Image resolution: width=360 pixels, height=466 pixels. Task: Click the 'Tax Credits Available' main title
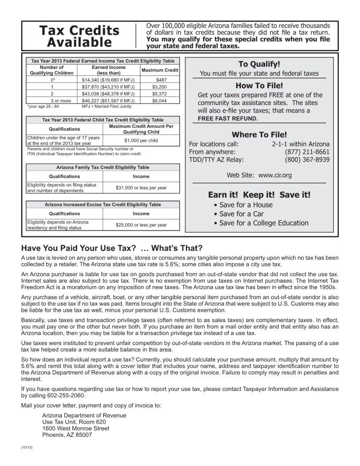click(x=79, y=36)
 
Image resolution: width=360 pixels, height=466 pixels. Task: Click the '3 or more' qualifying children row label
click(x=52, y=101)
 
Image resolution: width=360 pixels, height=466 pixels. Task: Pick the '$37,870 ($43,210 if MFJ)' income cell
click(x=108, y=87)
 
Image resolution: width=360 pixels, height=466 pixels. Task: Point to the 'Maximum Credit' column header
click(x=160, y=70)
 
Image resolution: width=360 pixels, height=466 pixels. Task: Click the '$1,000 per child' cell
click(x=141, y=140)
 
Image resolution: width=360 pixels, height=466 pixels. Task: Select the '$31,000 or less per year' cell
click(x=141, y=188)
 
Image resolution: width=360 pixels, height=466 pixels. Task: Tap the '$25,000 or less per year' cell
click(x=141, y=225)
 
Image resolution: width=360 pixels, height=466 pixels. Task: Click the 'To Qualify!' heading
click(x=259, y=64)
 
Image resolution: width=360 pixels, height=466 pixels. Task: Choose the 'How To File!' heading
click(x=259, y=86)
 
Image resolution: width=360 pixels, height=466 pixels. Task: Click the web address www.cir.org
click(x=275, y=175)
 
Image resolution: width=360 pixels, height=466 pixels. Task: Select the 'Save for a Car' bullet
click(x=241, y=214)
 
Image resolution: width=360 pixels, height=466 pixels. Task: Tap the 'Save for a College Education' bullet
click(x=263, y=223)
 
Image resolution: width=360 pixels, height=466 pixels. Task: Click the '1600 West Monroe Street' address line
click(x=75, y=428)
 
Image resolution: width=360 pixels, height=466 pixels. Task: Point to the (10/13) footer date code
click(x=27, y=448)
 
